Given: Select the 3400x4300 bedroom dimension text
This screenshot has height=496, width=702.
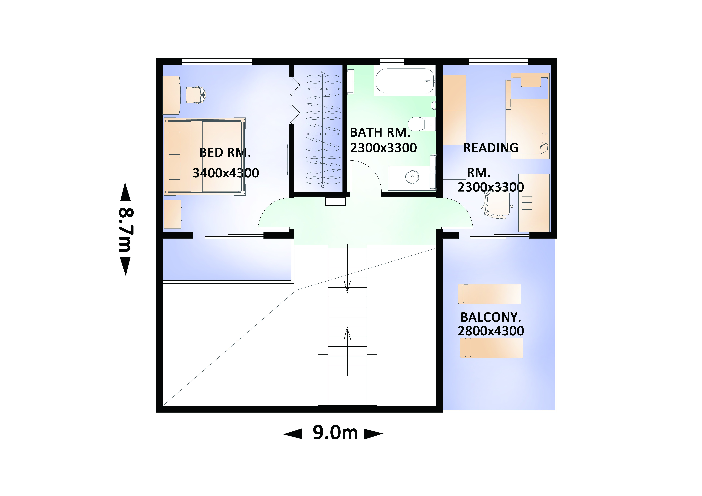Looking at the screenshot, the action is [x=226, y=173].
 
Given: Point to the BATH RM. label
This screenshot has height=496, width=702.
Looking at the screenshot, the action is [x=380, y=132].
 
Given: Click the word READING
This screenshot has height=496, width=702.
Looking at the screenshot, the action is [x=491, y=148].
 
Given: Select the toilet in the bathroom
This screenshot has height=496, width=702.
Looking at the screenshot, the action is [x=422, y=124].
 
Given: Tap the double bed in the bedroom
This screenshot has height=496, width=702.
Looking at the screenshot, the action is [x=205, y=156].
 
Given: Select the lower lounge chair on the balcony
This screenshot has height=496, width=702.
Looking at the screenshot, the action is [x=491, y=348].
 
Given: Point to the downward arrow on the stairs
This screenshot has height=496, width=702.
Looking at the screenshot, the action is [x=347, y=268].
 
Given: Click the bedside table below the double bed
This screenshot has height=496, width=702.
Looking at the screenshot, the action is [x=173, y=214].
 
